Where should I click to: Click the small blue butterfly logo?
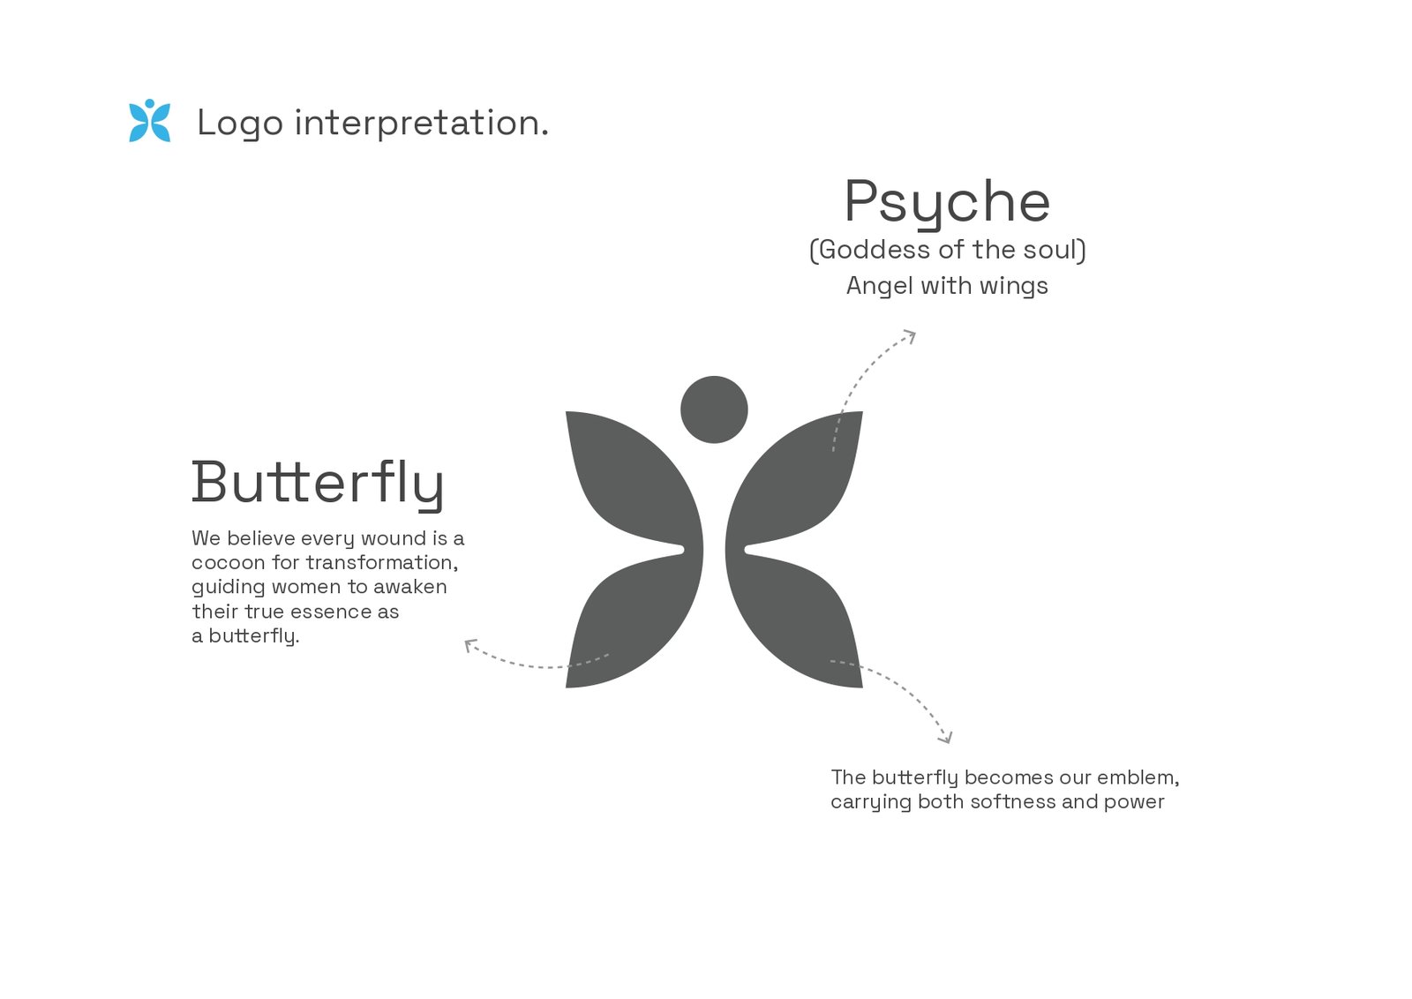pyautogui.click(x=149, y=120)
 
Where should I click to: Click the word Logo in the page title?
pyautogui.click(x=240, y=123)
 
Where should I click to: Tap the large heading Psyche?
pyautogui.click(x=947, y=203)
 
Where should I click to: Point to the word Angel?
pyautogui.click(x=879, y=286)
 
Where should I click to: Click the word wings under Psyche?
pyautogui.click(x=1013, y=287)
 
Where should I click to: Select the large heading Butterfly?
pyautogui.click(x=318, y=484)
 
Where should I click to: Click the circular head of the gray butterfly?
pyautogui.click(x=714, y=409)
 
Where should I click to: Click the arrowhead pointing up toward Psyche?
pyautogui.click(x=910, y=336)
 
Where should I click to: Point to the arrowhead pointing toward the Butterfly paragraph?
pyautogui.click(x=469, y=645)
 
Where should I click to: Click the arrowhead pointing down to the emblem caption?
pyautogui.click(x=946, y=738)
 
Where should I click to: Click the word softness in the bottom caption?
pyautogui.click(x=1013, y=801)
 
